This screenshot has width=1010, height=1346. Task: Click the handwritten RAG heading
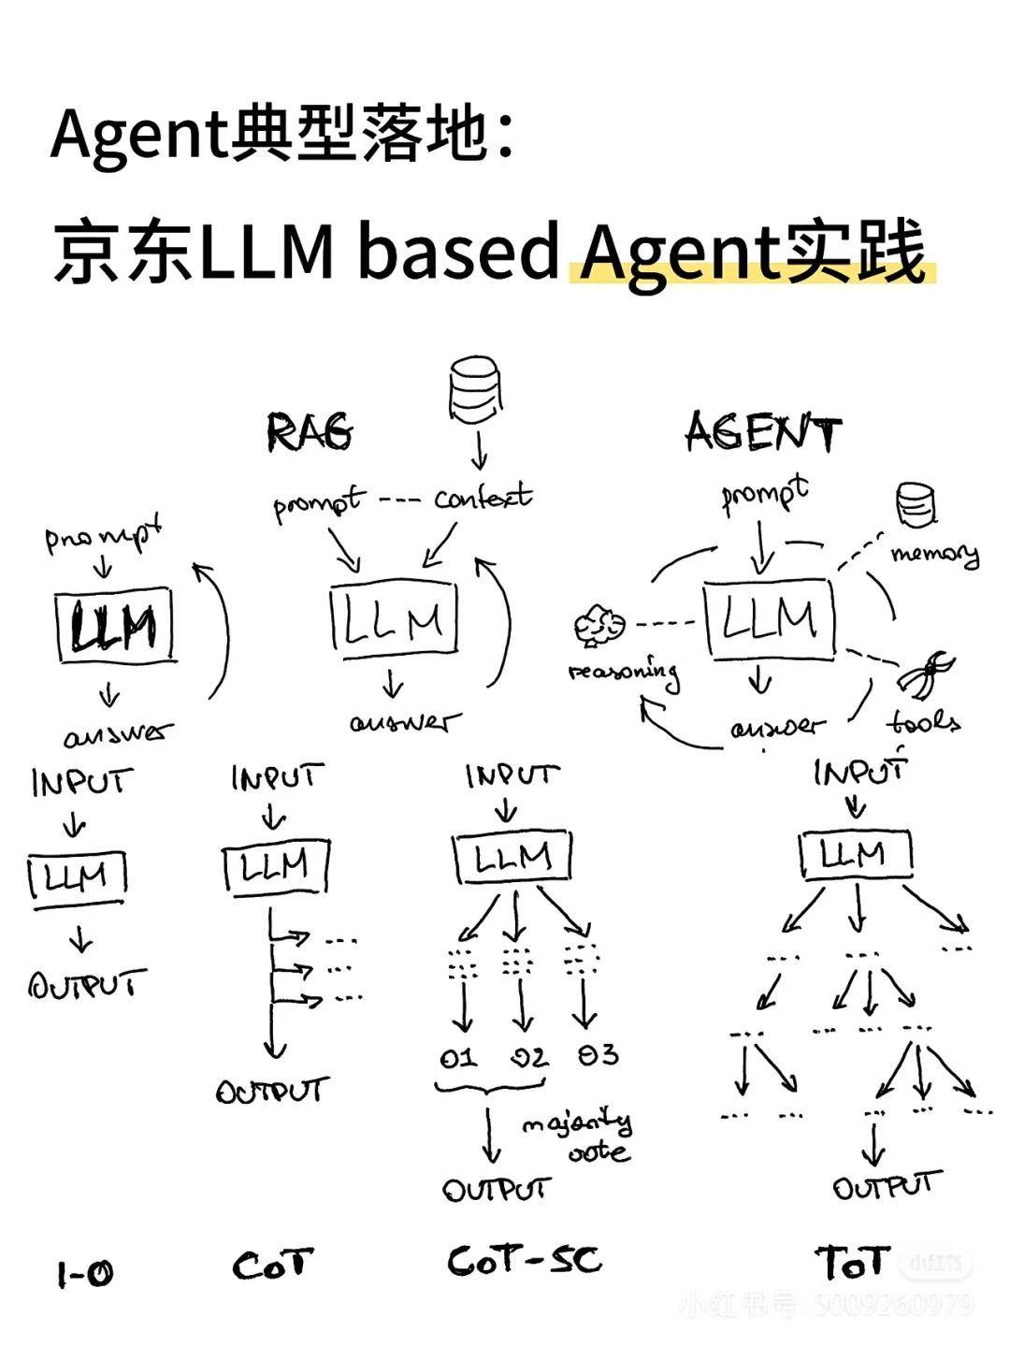coord(310,432)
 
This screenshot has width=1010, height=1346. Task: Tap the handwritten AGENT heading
coord(763,433)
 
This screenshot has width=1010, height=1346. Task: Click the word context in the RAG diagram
coord(483,497)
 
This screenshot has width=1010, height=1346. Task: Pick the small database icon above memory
coord(916,505)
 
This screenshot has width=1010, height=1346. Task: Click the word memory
coord(935,554)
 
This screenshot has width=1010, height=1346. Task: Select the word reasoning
coord(624,673)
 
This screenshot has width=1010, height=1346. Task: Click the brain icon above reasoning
coord(599,625)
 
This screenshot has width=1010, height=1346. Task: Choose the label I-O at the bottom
coord(85,1273)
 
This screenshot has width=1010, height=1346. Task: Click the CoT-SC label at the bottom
coord(525,1260)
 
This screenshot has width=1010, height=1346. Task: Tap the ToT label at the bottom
coord(851,1263)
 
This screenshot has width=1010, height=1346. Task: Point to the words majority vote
coord(580,1136)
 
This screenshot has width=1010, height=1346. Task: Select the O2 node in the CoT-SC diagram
coord(528,1057)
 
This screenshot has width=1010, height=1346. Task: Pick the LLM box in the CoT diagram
coord(276,867)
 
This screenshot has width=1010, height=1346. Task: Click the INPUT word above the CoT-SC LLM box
coord(512,775)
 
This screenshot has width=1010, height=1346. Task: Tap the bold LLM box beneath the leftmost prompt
coord(115,626)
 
